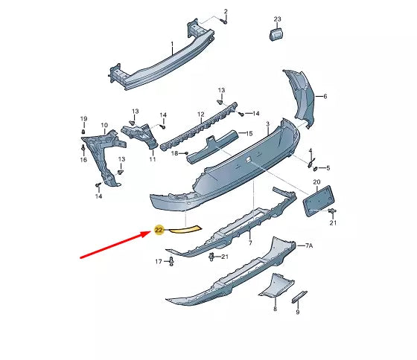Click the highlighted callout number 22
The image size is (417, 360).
tap(159, 230)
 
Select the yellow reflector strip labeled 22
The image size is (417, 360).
tap(185, 230)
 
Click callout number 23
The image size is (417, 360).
tap(277, 19)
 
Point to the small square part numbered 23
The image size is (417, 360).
tap(276, 35)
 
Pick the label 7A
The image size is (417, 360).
tap(309, 246)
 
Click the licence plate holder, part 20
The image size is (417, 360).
tap(319, 201)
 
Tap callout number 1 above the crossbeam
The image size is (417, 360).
tap(172, 44)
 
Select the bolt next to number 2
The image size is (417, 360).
tap(224, 21)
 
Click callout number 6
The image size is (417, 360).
tap(325, 96)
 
